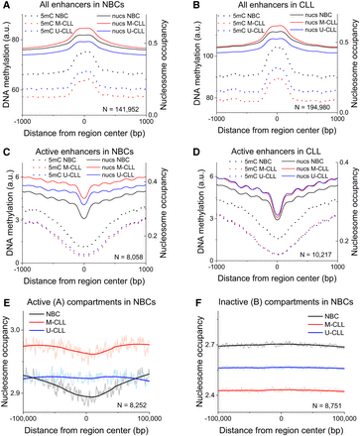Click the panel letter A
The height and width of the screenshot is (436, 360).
[6, 6]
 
